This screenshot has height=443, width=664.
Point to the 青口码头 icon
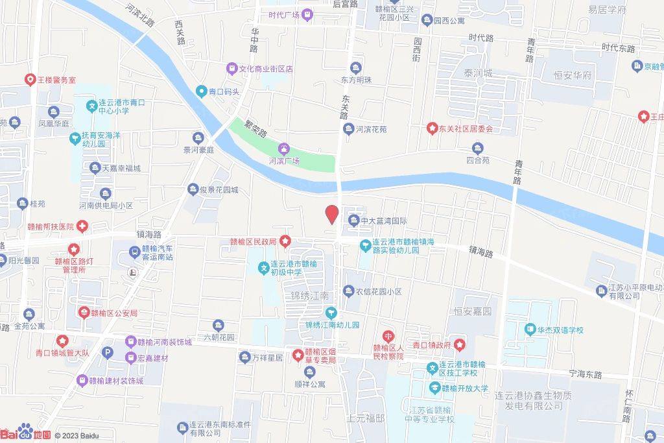click(202, 91)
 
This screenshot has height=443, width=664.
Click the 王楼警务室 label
click(56, 80)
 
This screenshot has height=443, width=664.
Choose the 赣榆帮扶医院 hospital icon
click(82, 226)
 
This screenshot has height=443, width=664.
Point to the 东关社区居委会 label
click(466, 128)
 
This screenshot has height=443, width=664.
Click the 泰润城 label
click(478, 73)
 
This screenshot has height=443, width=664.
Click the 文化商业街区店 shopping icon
click(231, 68)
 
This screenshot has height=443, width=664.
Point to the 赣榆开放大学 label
click(464, 389)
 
